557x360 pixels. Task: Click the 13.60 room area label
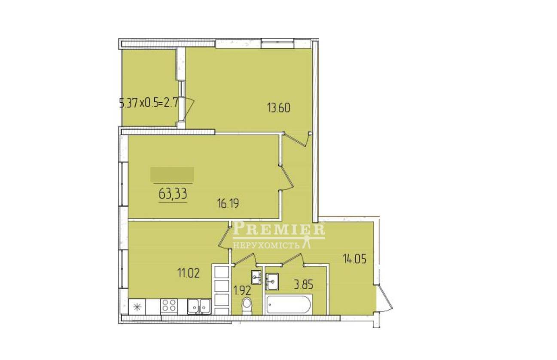[278, 108]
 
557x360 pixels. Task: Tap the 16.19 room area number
[228, 204]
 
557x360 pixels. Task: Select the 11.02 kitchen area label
[188, 273]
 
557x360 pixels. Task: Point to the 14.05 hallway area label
[355, 259]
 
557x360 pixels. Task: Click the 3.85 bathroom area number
[303, 285]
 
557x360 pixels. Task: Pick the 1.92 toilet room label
[242, 290]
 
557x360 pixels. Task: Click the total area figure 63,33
[173, 194]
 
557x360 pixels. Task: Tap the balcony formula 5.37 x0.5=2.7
[149, 103]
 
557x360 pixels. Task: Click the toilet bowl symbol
[247, 305]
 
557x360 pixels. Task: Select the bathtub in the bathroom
[288, 305]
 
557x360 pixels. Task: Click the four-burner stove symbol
[169, 306]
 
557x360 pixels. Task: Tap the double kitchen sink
[199, 306]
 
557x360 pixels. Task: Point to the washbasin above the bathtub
[272, 281]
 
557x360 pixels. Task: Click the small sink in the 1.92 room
[256, 277]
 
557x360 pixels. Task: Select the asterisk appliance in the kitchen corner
[137, 307]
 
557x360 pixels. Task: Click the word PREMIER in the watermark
[278, 229]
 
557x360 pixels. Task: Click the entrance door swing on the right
[384, 298]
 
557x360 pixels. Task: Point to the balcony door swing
[188, 110]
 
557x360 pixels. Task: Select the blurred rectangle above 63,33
[172, 174]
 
